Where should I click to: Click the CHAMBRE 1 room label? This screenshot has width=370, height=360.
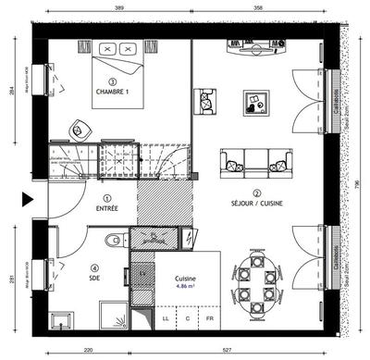click(x=116, y=92)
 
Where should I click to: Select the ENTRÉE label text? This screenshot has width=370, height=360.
click(x=107, y=208)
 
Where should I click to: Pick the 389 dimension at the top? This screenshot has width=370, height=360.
click(x=120, y=8)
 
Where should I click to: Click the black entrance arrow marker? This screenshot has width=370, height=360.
click(x=28, y=198)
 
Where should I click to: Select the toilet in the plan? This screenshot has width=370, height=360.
click(x=114, y=241)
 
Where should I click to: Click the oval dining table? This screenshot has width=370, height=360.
click(x=253, y=284)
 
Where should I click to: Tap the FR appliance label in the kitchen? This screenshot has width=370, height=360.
click(x=209, y=318)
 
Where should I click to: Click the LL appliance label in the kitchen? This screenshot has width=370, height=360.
click(x=165, y=318)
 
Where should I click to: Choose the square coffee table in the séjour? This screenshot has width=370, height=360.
click(x=255, y=102)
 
